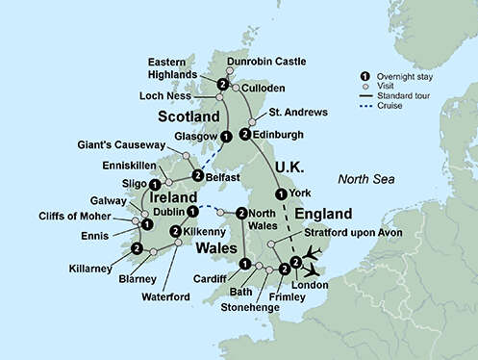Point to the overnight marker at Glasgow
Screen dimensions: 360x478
coord(225,137)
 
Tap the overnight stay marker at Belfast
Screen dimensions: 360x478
coord(197,175)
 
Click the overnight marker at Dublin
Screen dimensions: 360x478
coord(192,211)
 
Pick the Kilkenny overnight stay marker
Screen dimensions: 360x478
coord(175,231)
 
